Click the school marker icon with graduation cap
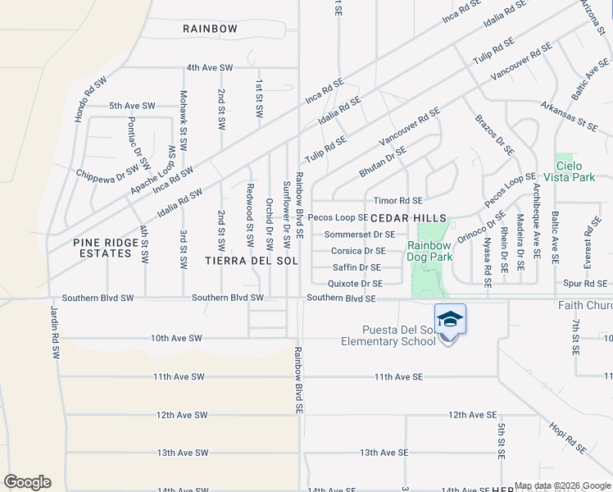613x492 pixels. [x=450, y=318]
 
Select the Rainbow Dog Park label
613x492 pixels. [x=429, y=251]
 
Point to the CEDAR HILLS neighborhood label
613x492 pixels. [x=409, y=217]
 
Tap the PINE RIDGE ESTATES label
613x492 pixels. [x=102, y=248]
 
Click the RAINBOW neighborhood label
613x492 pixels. [x=210, y=29]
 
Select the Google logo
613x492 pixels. [x=27, y=482]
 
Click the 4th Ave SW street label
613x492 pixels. [x=210, y=67]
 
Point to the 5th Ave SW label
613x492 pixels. [x=132, y=106]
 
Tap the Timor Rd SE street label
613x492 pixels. [x=397, y=201]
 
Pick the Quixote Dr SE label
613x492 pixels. [x=355, y=284]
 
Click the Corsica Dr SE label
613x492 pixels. [x=358, y=251]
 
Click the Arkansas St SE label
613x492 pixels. [x=569, y=116]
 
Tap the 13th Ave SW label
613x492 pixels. [x=182, y=453]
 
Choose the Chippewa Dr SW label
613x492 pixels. [x=107, y=174]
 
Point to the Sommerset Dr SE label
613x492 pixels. [x=360, y=235]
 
